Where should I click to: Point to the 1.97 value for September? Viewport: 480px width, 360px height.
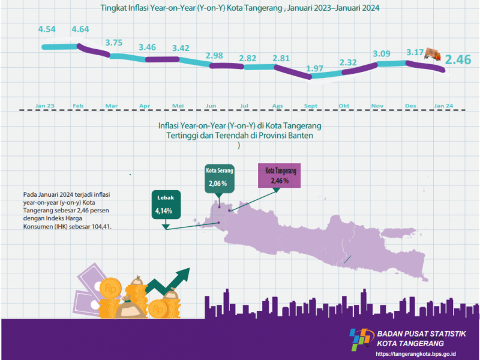[x=314, y=68]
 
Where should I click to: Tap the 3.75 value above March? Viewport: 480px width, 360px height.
[x=114, y=43]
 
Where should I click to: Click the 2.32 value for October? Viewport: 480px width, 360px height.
[x=348, y=62]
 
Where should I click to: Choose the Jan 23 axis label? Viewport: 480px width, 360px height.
[x=45, y=106]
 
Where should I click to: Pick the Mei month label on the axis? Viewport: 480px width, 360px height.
[x=178, y=106]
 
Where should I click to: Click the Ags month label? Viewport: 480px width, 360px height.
[x=278, y=106]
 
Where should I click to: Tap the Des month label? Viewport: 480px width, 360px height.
[x=411, y=106]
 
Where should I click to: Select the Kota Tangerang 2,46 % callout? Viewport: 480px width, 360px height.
[x=280, y=175]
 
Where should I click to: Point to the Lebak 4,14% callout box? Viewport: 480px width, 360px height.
[x=164, y=205]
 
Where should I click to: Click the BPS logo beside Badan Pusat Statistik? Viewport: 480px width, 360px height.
[x=361, y=340]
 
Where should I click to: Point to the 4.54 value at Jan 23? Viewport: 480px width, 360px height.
[x=47, y=28]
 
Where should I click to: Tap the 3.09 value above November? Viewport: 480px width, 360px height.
[x=382, y=54]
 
